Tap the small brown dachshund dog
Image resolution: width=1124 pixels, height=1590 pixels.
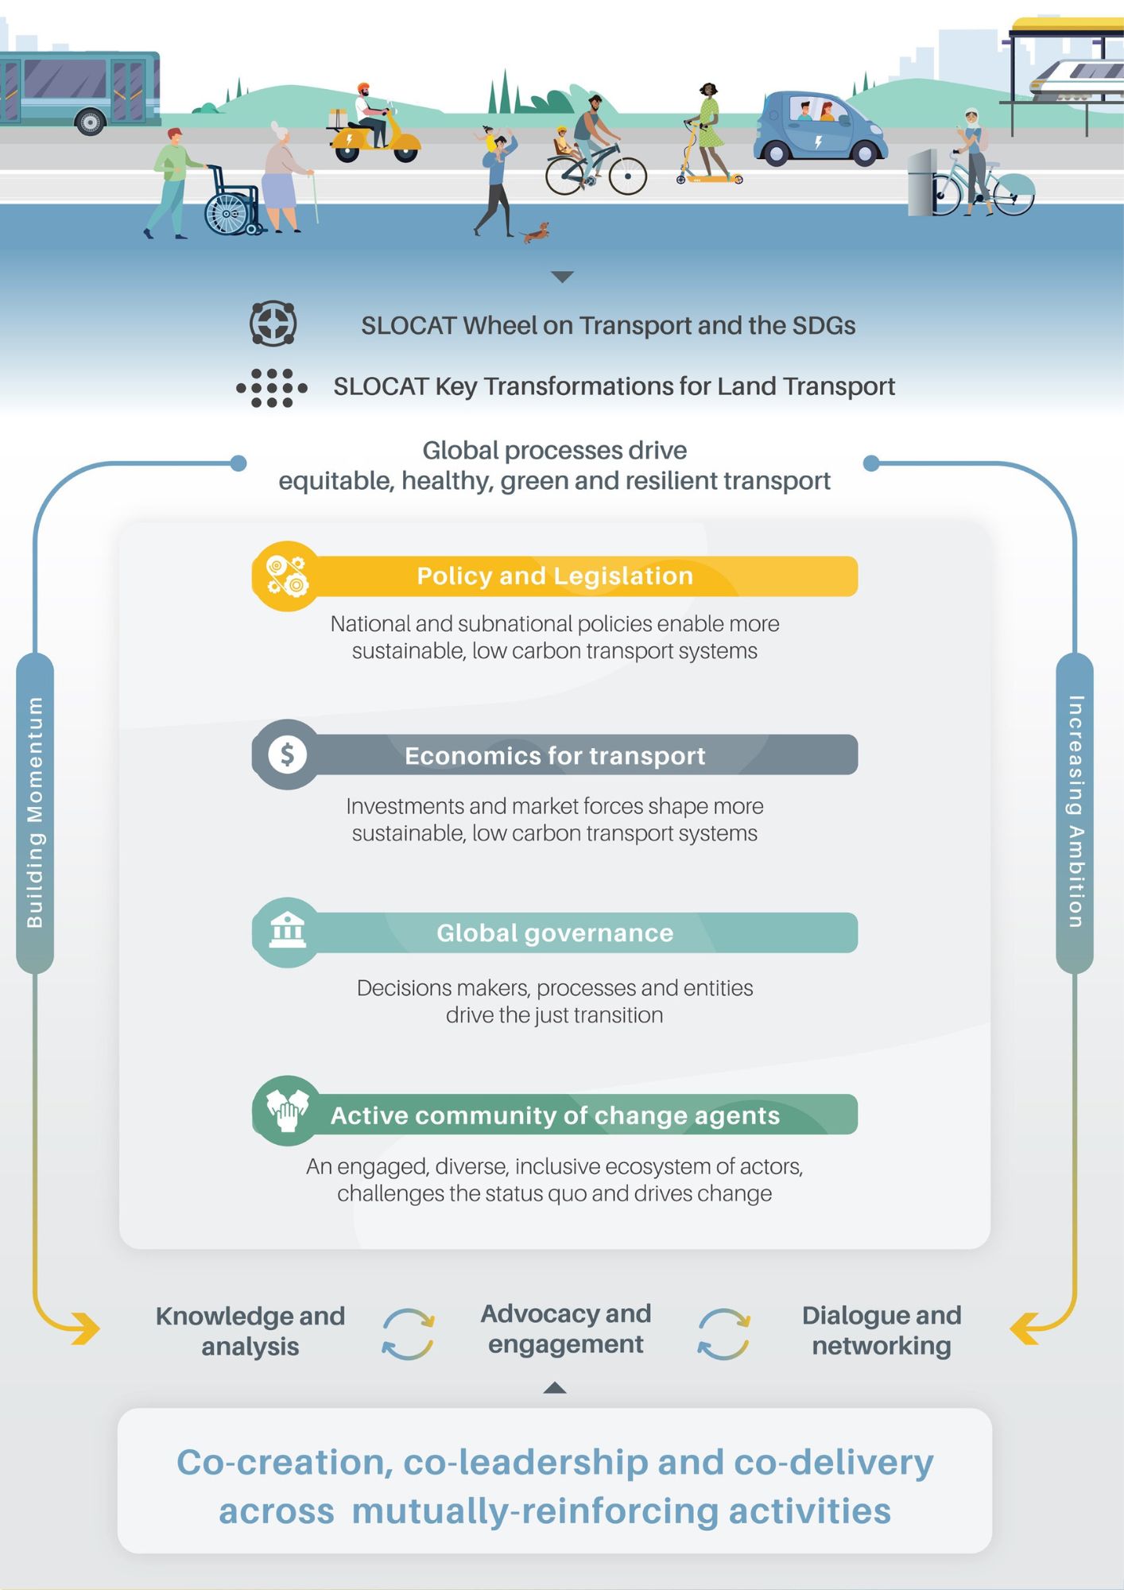[x=534, y=232]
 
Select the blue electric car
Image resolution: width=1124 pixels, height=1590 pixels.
[x=819, y=130]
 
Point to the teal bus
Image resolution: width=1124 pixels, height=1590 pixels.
[x=79, y=87]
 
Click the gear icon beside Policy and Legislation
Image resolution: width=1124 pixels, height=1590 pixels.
[x=286, y=576]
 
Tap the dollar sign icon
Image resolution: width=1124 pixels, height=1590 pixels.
[x=287, y=754]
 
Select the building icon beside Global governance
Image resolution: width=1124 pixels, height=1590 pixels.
[x=287, y=931]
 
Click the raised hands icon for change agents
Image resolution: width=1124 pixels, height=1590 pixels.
[x=287, y=1110]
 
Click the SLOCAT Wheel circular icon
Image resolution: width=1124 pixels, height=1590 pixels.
[x=273, y=324]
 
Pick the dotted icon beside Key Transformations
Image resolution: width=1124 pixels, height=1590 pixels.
[x=272, y=388]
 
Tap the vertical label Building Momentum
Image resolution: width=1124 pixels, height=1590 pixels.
[x=35, y=811]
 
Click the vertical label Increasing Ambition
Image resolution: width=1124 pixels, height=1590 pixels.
[x=1075, y=811]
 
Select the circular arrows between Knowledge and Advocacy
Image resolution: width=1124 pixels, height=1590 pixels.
[x=408, y=1334]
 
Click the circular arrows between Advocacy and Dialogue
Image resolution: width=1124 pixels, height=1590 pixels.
[x=723, y=1334]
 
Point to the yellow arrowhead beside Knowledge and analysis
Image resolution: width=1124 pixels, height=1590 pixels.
[x=86, y=1328]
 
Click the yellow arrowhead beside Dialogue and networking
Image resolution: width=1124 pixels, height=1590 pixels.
[x=1025, y=1328]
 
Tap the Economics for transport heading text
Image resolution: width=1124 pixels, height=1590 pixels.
[x=555, y=755]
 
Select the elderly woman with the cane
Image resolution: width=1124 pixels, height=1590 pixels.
[x=283, y=176]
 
